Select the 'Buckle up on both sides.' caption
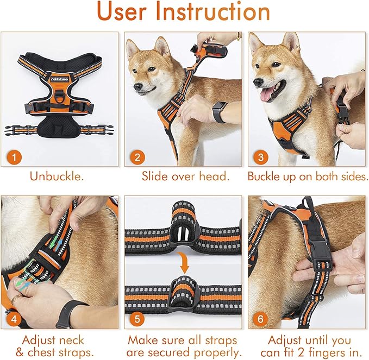point(307,177)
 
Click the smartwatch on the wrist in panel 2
point(218,112)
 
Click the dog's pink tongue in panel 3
point(266,96)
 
